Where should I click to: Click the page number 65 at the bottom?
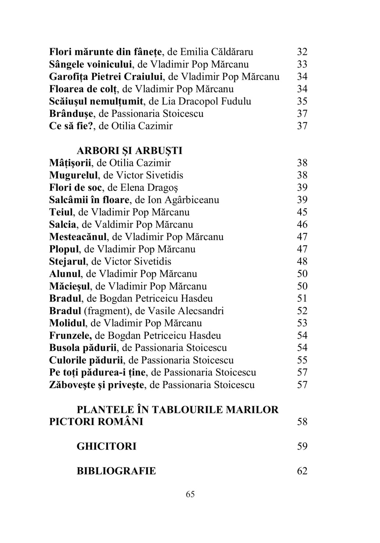click(190, 494)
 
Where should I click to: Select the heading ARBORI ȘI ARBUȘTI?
click(129, 151)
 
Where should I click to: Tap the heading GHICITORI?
click(106, 446)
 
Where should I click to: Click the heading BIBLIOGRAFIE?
click(116, 471)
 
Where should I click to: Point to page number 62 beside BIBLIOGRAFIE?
click(302, 471)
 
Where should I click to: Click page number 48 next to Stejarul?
click(302, 262)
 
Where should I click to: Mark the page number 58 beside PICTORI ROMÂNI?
click(302, 422)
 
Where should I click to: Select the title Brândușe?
click(73, 114)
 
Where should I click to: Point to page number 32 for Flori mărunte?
click(302, 52)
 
